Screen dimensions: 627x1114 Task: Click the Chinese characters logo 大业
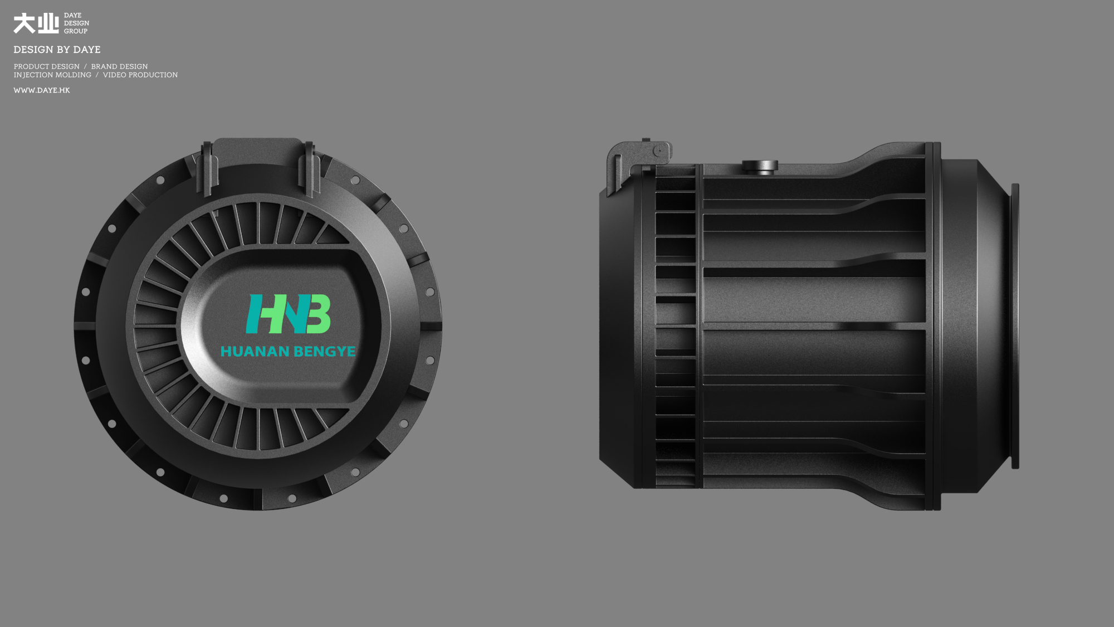(36, 23)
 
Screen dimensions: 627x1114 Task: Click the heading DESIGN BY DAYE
(57, 50)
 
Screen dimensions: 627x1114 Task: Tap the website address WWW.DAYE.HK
(42, 90)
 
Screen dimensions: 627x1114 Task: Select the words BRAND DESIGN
(119, 66)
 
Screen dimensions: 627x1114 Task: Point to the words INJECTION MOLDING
(52, 75)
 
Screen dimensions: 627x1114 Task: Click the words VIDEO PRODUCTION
(140, 75)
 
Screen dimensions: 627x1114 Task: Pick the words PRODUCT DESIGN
(47, 66)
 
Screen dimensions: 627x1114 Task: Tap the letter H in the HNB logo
(258, 314)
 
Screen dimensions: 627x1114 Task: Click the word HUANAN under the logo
(255, 352)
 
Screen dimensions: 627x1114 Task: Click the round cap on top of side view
(760, 166)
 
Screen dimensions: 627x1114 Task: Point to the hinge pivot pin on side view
(658, 150)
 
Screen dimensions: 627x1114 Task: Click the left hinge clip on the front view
(207, 167)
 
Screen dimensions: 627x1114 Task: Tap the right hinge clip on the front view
(309, 167)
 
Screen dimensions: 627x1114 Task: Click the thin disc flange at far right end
(1015, 326)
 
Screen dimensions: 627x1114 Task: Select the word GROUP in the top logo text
(75, 31)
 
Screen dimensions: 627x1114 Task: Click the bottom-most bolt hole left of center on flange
(223, 498)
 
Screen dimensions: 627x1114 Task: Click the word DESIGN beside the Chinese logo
(76, 23)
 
